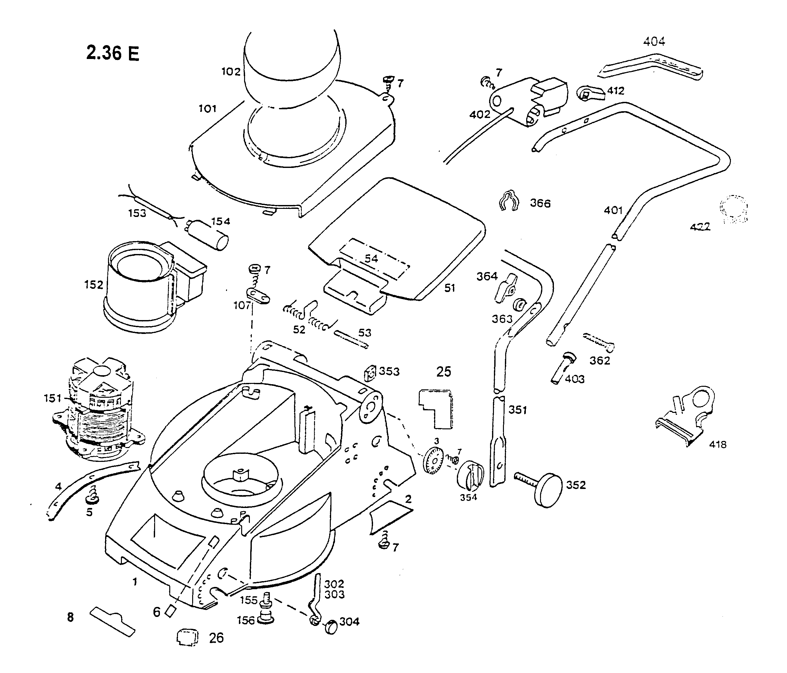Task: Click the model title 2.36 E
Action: [x=113, y=53]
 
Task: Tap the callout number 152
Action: [x=93, y=285]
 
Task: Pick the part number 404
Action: [x=654, y=41]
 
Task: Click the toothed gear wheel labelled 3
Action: [x=433, y=460]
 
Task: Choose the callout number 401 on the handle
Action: [x=613, y=210]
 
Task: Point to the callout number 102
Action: [x=231, y=72]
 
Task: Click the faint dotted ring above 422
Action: [x=734, y=208]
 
